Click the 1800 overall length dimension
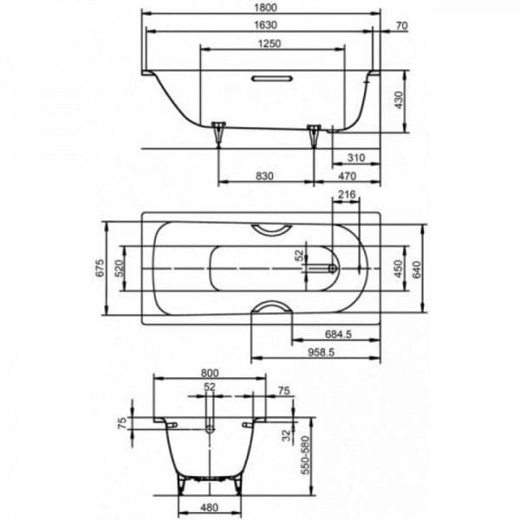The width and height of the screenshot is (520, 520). click(x=265, y=7)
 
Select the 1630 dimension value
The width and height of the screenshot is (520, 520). click(x=265, y=25)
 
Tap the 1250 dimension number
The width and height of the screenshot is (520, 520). click(x=270, y=43)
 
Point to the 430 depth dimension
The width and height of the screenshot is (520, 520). click(x=399, y=101)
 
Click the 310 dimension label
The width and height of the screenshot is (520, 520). click(x=356, y=158)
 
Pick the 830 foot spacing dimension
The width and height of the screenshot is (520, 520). click(x=264, y=176)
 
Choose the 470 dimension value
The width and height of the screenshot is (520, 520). click(x=347, y=176)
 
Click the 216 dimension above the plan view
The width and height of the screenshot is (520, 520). click(x=347, y=194)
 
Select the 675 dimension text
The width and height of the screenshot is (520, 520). click(x=100, y=268)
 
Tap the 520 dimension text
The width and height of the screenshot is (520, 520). click(x=120, y=269)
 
